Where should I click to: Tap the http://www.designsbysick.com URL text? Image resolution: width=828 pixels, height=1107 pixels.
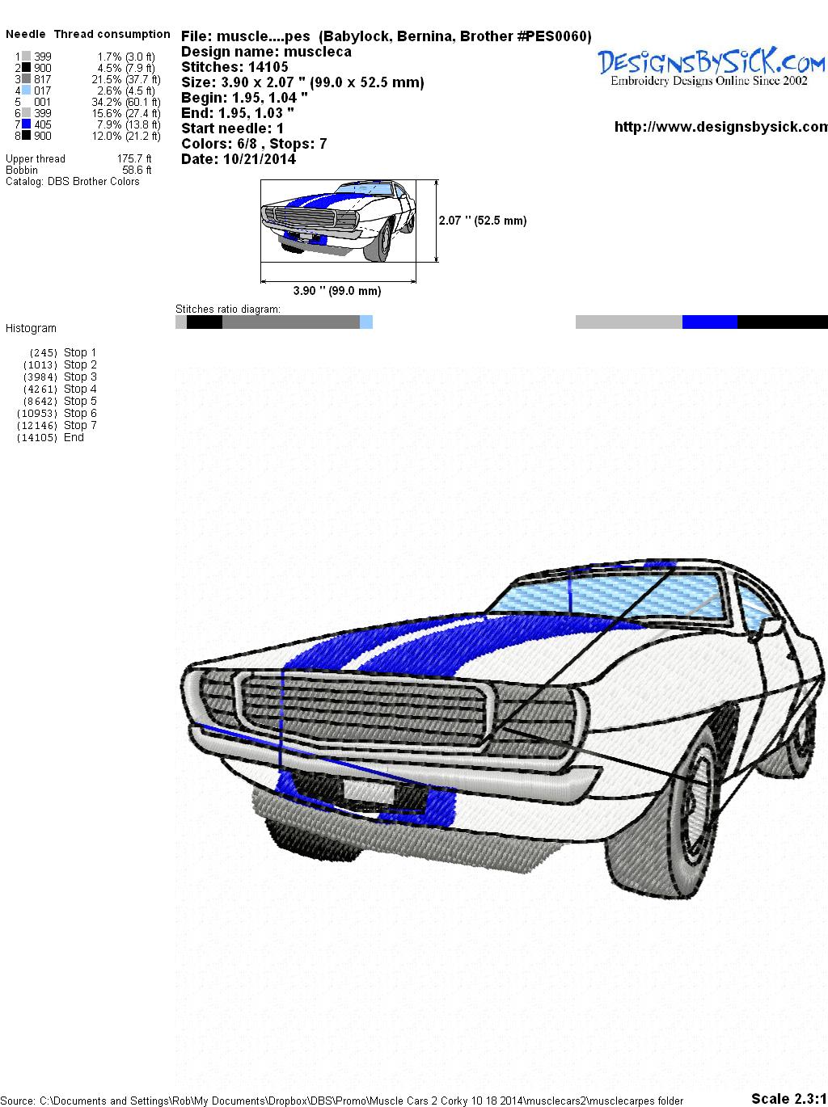pos(720,127)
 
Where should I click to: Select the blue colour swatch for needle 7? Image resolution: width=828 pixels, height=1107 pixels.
pos(27,124)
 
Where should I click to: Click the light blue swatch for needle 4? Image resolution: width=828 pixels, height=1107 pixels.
pos(27,90)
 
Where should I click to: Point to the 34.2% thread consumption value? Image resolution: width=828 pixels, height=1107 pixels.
pos(109,102)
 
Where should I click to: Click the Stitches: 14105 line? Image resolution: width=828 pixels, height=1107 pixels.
pos(234,67)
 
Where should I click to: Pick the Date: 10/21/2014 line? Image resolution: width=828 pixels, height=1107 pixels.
pos(239,159)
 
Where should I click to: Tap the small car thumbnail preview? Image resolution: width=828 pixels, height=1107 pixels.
pos(340,220)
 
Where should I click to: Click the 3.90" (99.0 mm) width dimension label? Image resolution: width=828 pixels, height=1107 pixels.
pos(337,291)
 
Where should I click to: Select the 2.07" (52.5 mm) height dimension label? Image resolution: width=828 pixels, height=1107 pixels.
pos(483,221)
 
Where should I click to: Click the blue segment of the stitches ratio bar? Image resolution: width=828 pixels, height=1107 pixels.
pos(709,322)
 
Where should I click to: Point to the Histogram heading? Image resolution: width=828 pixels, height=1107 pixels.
pos(31,329)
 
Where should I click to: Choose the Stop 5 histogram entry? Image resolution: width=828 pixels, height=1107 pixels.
pos(80,401)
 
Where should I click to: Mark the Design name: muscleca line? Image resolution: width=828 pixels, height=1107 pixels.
pos(266,52)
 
